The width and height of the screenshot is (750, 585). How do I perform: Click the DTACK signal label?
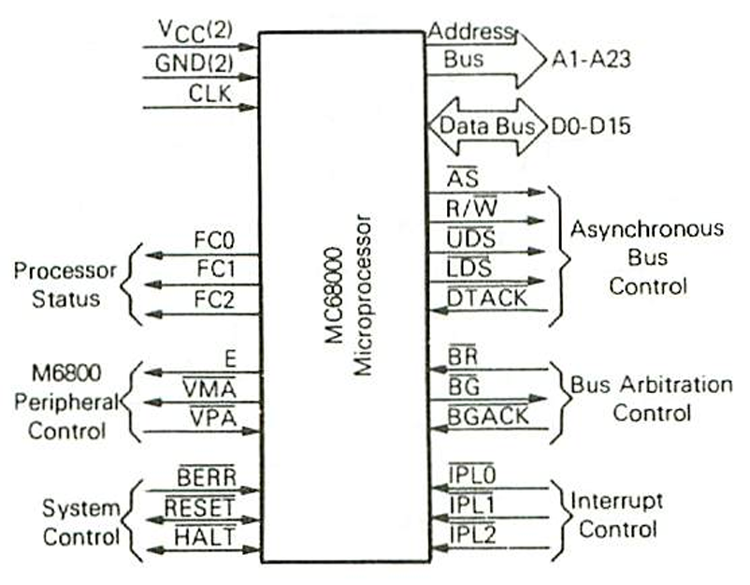tap(486, 299)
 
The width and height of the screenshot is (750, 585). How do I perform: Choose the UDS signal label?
tap(471, 239)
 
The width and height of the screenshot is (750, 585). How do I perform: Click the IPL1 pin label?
tap(472, 506)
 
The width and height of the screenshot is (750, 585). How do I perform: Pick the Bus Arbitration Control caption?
tap(651, 398)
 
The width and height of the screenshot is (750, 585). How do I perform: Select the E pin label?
tap(228, 357)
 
